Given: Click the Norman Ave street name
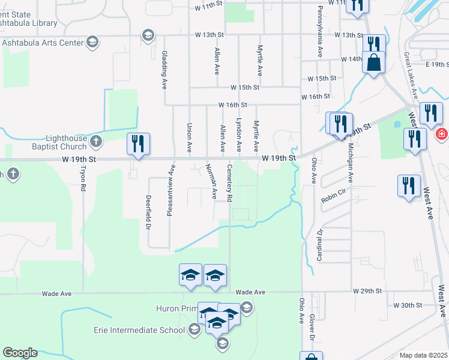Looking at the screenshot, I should click(211, 181).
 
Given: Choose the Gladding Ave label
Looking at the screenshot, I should click(164, 70).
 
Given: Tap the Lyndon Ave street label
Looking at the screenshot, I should click(239, 134).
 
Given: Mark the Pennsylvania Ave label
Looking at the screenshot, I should click(320, 26).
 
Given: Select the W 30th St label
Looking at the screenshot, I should click(408, 305).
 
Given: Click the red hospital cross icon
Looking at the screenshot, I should click(442, 134).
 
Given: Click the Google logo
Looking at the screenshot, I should click(20, 353).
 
